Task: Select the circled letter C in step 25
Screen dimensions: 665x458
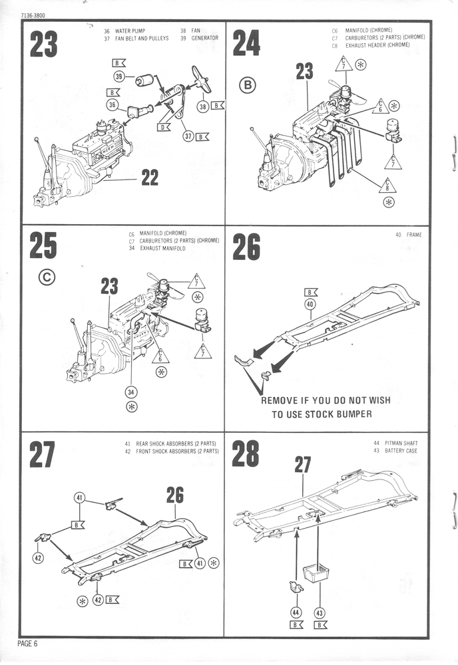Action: point(46,277)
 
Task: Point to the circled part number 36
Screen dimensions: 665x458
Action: point(113,104)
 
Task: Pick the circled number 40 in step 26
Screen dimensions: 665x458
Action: point(310,304)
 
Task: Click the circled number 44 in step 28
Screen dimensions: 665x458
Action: point(296,612)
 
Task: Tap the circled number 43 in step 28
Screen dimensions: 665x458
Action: point(320,612)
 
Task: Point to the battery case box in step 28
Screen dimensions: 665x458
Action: point(317,573)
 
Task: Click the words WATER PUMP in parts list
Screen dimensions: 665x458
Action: point(130,31)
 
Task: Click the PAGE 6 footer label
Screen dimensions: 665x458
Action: point(28,643)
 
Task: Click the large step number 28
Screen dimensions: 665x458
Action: point(246,456)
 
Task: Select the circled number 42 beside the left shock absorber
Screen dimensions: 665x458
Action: point(38,557)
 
